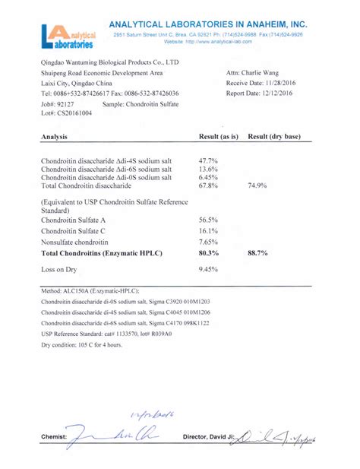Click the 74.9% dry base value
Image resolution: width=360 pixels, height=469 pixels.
click(258, 185)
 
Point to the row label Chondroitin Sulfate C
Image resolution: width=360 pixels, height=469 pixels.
click(73, 230)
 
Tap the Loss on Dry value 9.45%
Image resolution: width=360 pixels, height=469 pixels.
click(208, 269)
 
